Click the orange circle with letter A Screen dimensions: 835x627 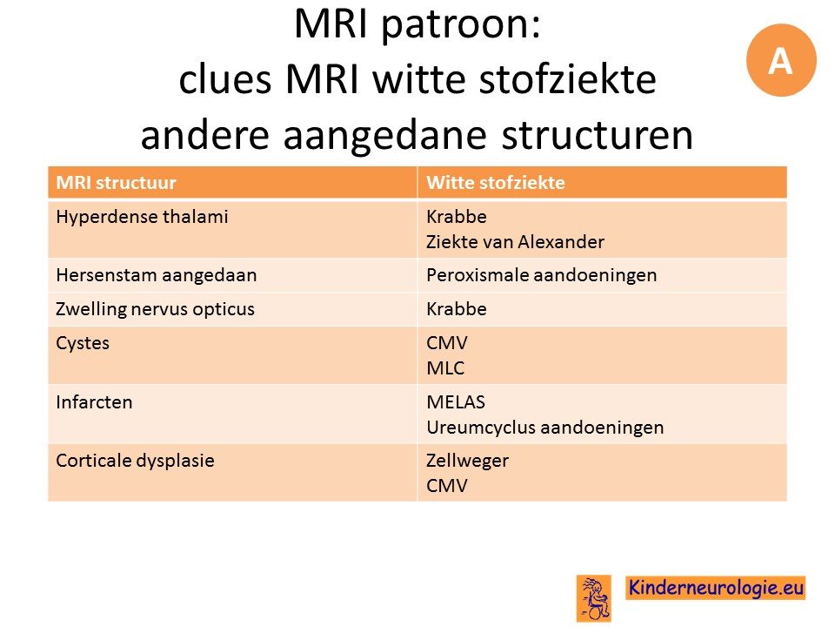tap(781, 60)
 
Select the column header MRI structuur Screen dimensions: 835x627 tap(116, 183)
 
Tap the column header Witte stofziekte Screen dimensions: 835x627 tap(495, 183)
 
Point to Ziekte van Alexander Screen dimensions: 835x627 tap(515, 242)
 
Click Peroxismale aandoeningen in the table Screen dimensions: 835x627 tap(541, 275)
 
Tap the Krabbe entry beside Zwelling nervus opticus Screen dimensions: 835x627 tap(457, 309)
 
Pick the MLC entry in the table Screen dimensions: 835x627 tap(445, 367)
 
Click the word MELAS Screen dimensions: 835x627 tap(455, 402)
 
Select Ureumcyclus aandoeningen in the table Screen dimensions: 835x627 tap(544, 427)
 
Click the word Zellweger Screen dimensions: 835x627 tap(467, 461)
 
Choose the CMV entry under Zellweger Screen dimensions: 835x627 tap(446, 486)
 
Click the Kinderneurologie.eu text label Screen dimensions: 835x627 tap(715, 588)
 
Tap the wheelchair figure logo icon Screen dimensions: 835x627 tap(594, 598)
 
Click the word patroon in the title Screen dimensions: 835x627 tap(461, 25)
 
